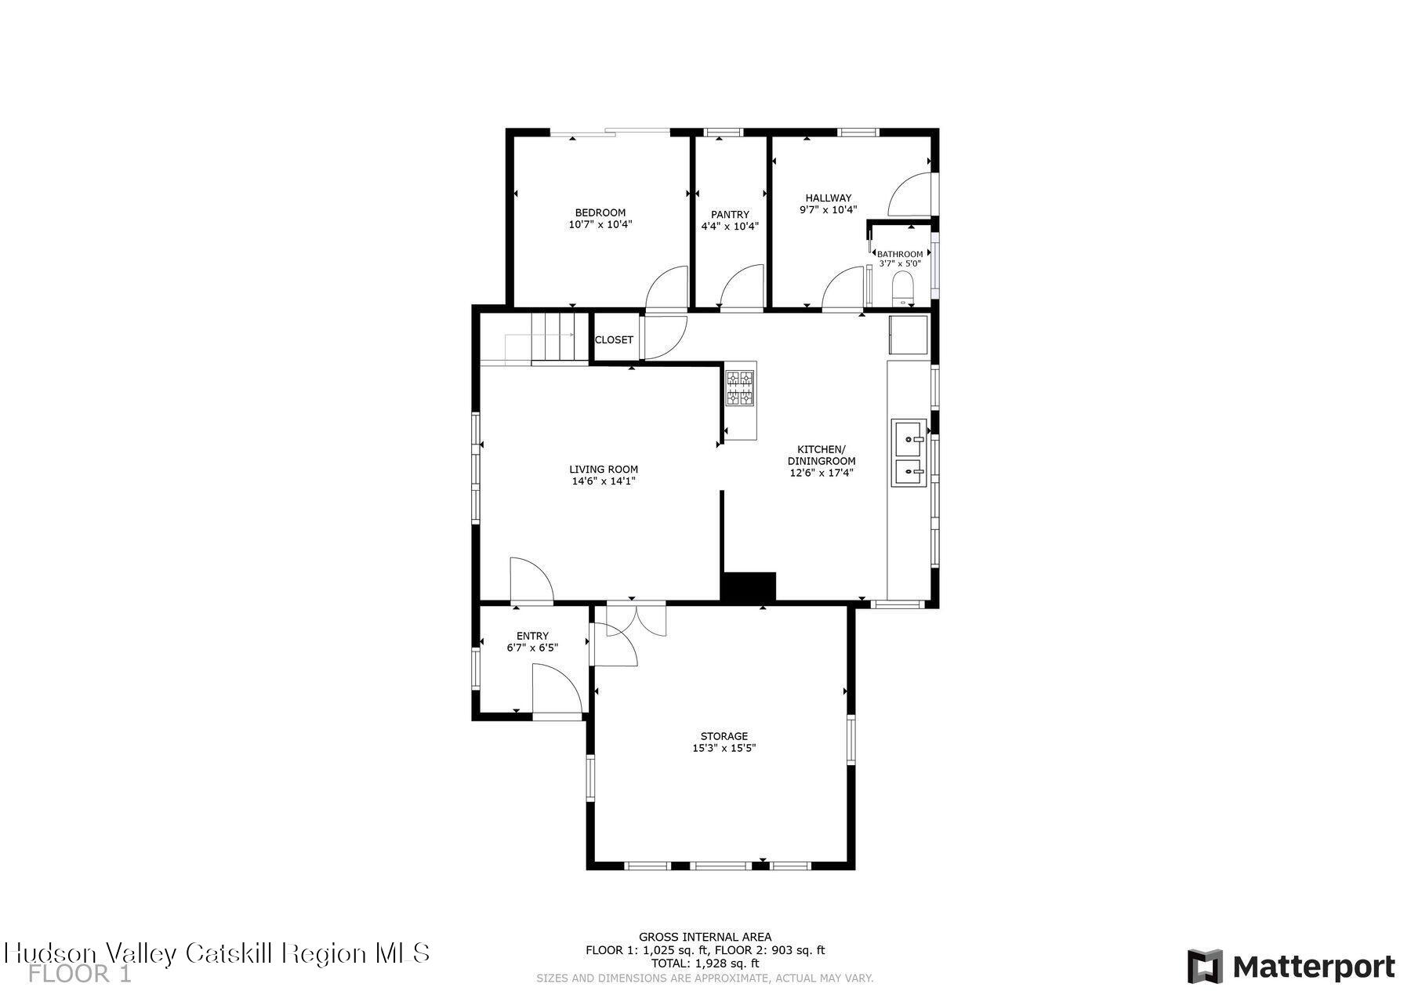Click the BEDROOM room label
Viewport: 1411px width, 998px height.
(600, 212)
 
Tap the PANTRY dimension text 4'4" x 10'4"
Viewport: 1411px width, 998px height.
(729, 227)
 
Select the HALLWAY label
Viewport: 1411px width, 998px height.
(828, 198)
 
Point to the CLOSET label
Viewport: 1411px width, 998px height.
(614, 339)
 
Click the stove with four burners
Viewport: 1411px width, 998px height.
(740, 389)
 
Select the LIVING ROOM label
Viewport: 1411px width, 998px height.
(603, 470)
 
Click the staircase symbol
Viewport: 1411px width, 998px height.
(559, 338)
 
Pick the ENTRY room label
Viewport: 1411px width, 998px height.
(532, 636)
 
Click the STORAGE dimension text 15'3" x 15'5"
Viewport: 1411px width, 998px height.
(724, 748)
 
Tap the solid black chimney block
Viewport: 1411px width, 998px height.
(748, 586)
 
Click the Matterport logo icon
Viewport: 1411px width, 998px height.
(1204, 966)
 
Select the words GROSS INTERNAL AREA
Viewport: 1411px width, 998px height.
(705, 936)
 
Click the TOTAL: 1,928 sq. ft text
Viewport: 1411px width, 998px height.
(705, 964)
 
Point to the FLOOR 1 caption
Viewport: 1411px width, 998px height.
(80, 974)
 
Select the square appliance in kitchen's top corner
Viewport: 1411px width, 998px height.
(908, 335)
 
